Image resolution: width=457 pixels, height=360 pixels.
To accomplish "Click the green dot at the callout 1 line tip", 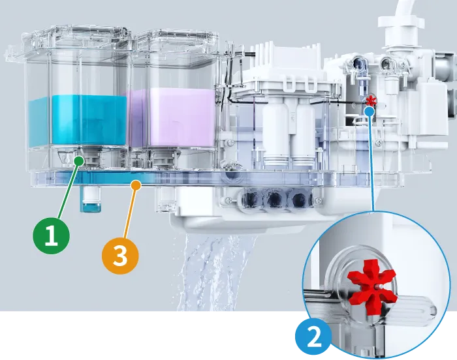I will (x=79, y=159).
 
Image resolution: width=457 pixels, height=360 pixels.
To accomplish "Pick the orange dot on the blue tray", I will (x=136, y=185).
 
